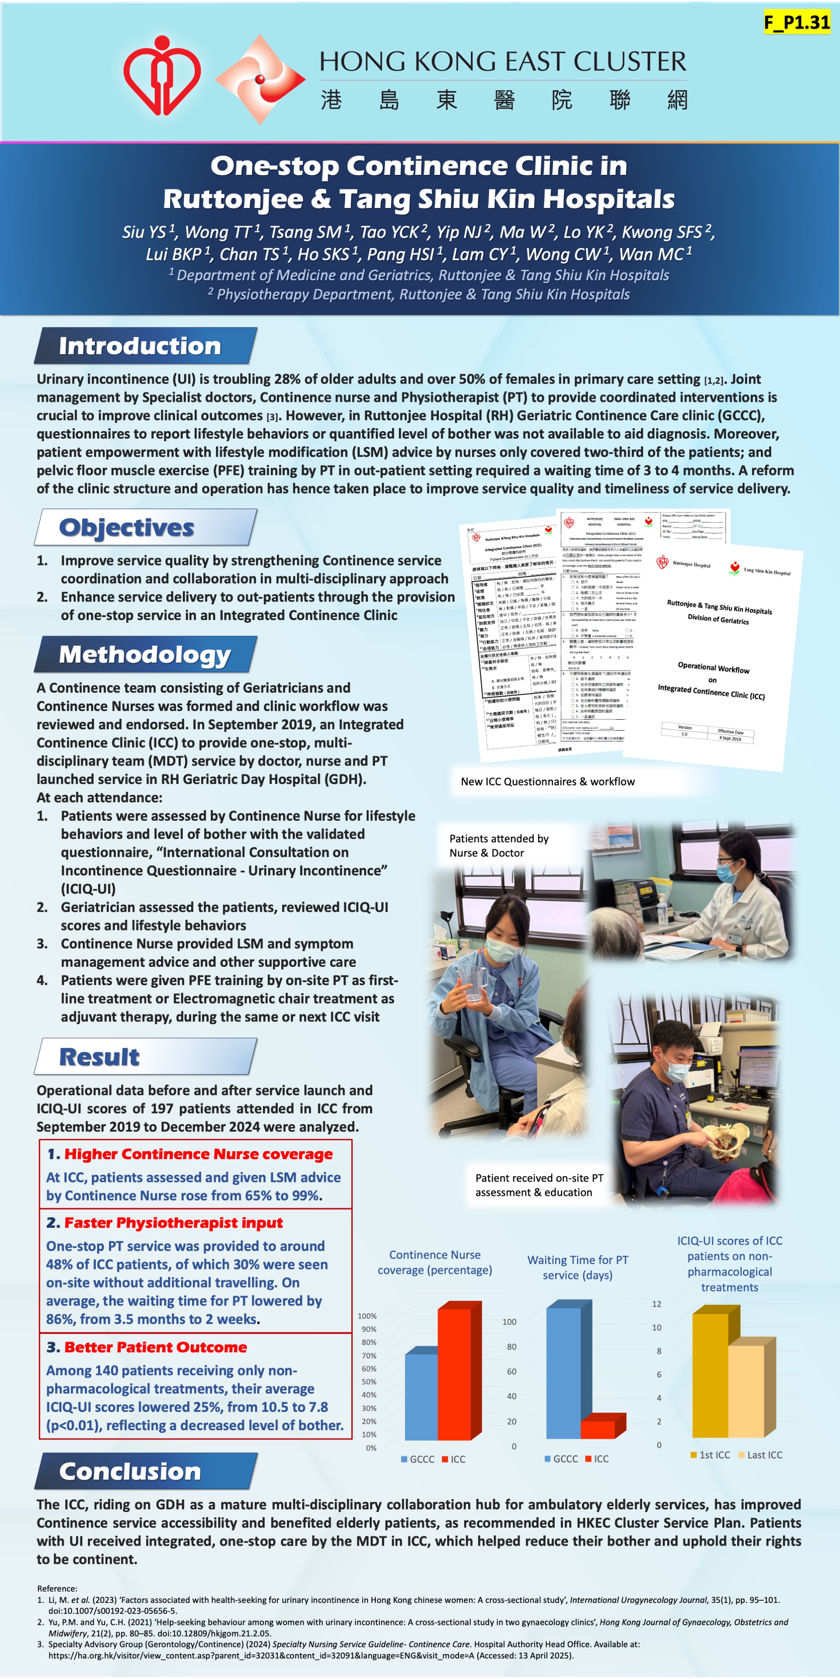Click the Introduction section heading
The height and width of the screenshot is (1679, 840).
click(x=140, y=346)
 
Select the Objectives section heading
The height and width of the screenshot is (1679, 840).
click(x=126, y=527)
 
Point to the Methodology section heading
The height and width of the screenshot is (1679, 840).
click(x=145, y=655)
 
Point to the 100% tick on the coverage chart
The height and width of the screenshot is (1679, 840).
click(x=367, y=1316)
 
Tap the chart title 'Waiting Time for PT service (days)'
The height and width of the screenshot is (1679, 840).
click(x=578, y=1267)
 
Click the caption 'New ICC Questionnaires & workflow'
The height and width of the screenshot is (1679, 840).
click(x=548, y=781)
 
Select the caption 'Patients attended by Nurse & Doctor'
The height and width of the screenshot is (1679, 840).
click(x=499, y=845)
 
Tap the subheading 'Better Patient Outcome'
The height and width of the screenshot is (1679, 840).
click(x=155, y=1347)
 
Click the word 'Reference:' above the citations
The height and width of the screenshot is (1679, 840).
click(x=57, y=1588)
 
